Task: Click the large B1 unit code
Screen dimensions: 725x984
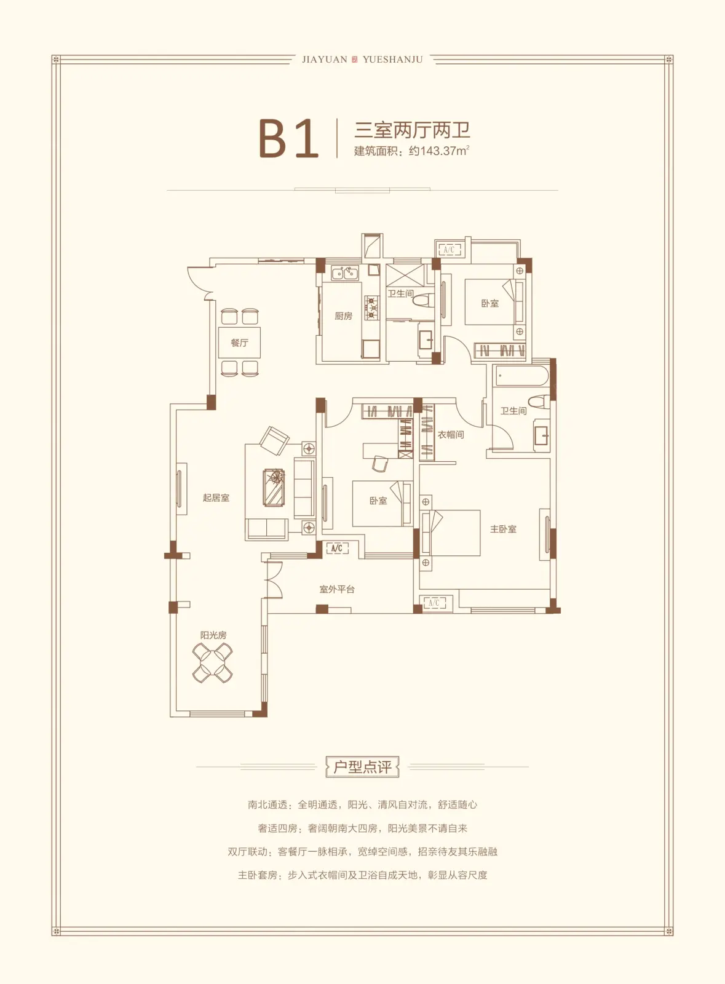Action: [288, 138]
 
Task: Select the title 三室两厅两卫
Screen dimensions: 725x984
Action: [413, 129]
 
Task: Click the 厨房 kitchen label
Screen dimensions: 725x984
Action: [343, 316]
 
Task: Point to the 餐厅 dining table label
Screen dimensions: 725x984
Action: [240, 343]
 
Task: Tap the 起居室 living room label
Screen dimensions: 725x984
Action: [216, 498]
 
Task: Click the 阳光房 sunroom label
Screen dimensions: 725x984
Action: [213, 635]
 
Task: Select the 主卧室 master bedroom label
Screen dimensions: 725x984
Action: [503, 529]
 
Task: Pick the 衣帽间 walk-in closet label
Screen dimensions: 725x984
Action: [451, 434]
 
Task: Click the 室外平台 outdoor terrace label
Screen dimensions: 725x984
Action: [337, 589]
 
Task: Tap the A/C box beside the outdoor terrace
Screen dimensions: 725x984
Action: [337, 548]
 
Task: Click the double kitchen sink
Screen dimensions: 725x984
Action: [345, 273]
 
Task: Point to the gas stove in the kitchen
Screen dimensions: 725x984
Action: [372, 307]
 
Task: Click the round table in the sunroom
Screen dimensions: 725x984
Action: [213, 663]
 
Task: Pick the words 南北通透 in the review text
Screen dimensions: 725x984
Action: [267, 804]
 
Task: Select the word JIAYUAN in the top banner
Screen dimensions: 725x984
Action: [325, 60]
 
